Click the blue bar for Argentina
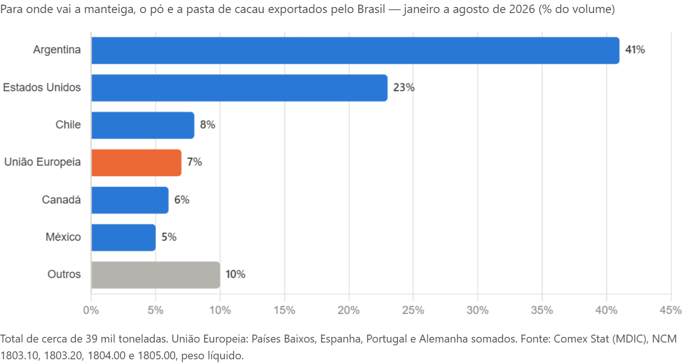pos(356,50)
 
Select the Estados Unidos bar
pos(240,88)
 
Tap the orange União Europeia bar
pos(136,163)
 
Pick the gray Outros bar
pos(155,275)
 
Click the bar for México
pos(123,238)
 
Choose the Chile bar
pos(143,125)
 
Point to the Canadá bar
pos(130,200)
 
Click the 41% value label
pos(635,49)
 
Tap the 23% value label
pos(403,87)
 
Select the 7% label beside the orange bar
pos(195,162)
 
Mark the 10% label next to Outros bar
pos(235,274)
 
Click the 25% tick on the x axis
pos(413,310)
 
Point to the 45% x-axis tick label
pos(671,310)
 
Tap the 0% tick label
pos(91,310)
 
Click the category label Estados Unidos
pos(42,87)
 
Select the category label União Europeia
pos(42,162)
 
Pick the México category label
pos(63,237)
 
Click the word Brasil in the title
pos(371,9)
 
